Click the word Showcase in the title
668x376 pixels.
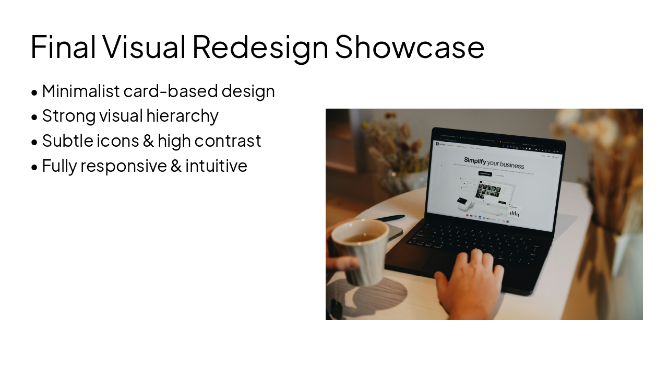[x=410, y=47]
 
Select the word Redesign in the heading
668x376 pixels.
[x=260, y=47]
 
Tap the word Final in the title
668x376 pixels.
[x=63, y=47]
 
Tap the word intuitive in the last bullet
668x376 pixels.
[x=216, y=166]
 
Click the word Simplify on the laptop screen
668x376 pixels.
[x=475, y=161]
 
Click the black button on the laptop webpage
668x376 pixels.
[x=485, y=173]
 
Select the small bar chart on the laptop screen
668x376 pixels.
[x=514, y=213]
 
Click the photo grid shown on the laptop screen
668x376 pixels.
[x=488, y=191]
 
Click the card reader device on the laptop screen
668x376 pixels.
[x=462, y=204]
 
